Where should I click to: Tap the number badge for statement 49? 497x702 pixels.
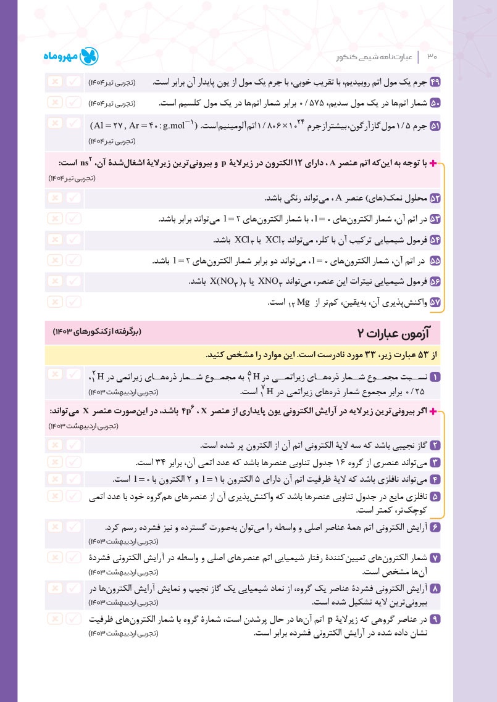click(435, 82)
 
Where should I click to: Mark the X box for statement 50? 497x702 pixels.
click(54, 102)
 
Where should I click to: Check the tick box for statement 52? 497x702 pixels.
click(73, 198)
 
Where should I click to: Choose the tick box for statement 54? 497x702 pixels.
click(73, 239)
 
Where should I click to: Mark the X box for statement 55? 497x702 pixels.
click(54, 260)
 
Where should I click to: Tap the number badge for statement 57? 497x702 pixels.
click(435, 302)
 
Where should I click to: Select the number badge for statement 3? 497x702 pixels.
click(435, 463)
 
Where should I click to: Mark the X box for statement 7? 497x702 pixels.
click(54, 557)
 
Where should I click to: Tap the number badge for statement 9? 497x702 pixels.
click(435, 619)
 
